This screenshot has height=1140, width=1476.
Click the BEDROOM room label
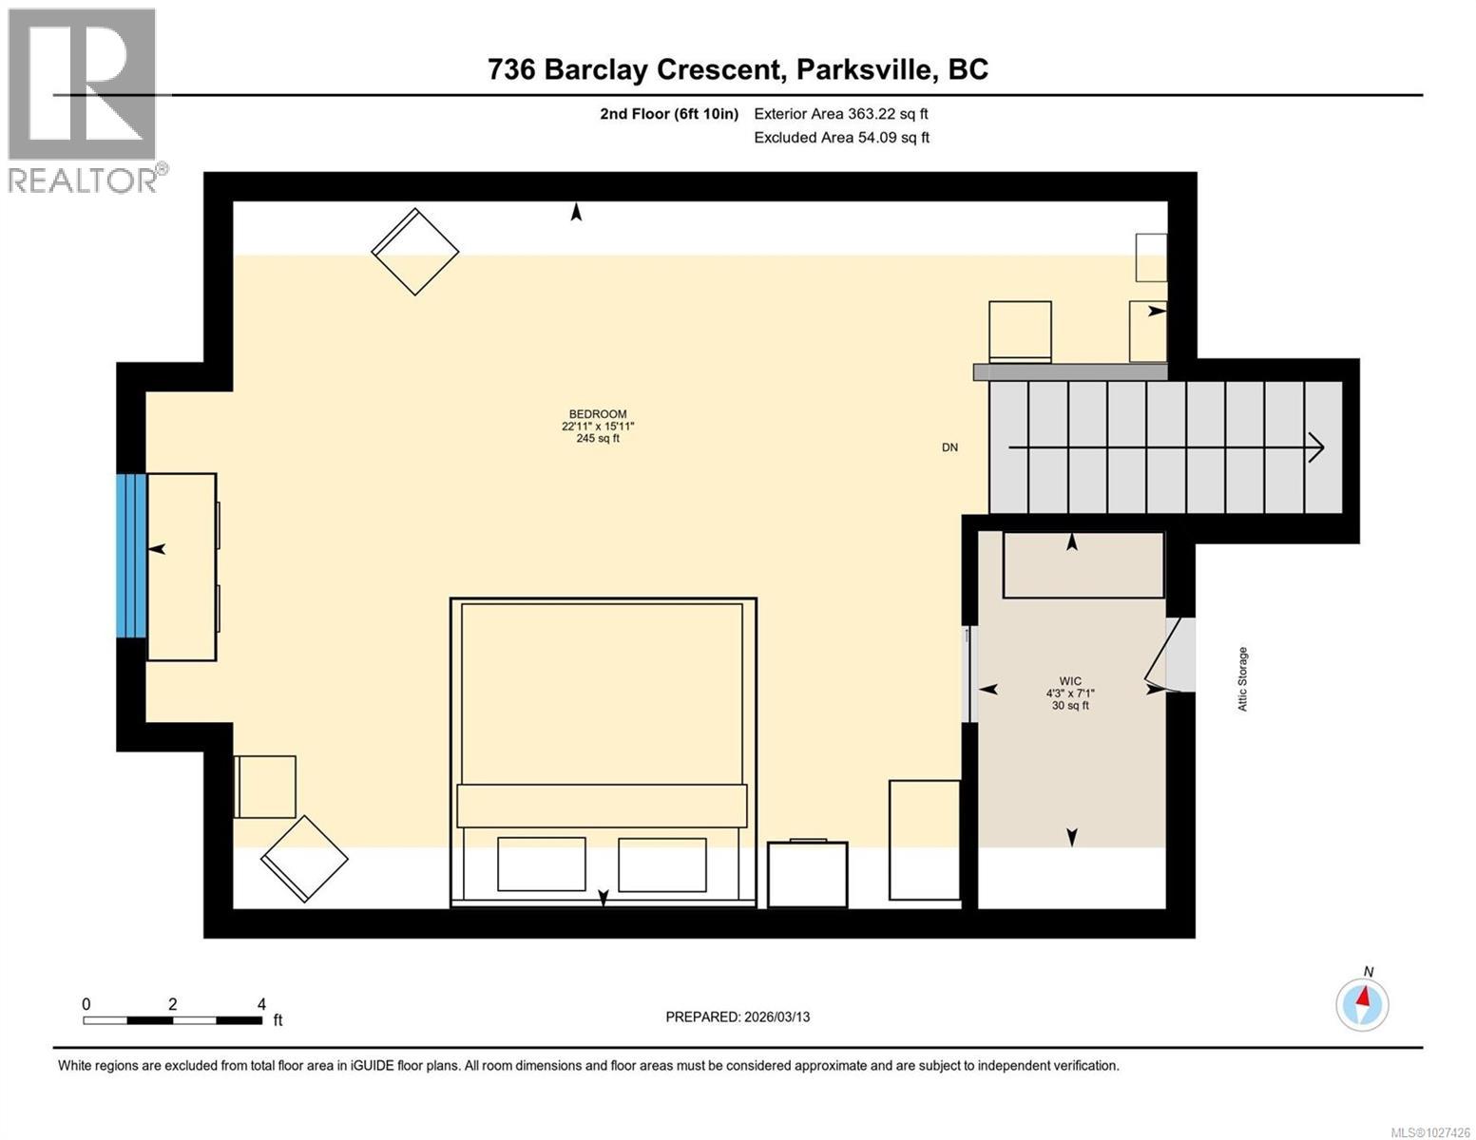coord(597,426)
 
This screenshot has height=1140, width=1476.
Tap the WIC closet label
coord(1069,693)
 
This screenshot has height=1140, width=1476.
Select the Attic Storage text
coord(1242,678)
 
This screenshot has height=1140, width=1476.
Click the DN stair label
coord(949,447)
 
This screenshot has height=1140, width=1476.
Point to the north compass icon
coord(1362,1003)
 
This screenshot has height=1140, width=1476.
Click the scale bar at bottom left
coord(172,1020)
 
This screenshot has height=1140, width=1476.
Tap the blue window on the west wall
coord(131,555)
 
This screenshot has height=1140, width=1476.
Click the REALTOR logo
coord(84,100)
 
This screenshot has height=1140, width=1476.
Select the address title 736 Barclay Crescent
coord(738,69)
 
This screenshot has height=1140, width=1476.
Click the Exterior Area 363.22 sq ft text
coord(840,114)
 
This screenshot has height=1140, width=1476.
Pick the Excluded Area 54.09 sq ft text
coord(840,138)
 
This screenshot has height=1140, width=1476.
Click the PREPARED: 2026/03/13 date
coord(738,1016)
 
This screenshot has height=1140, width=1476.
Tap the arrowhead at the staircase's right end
coord(1316,446)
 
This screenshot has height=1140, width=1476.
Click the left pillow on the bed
coord(541,864)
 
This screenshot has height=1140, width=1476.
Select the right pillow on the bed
coord(661,864)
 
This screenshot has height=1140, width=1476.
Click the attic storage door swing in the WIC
coord(1165,654)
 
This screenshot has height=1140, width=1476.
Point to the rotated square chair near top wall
coord(414,252)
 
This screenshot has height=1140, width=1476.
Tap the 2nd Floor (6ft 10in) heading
coord(669,114)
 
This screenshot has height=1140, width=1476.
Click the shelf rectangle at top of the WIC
coord(1083,565)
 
